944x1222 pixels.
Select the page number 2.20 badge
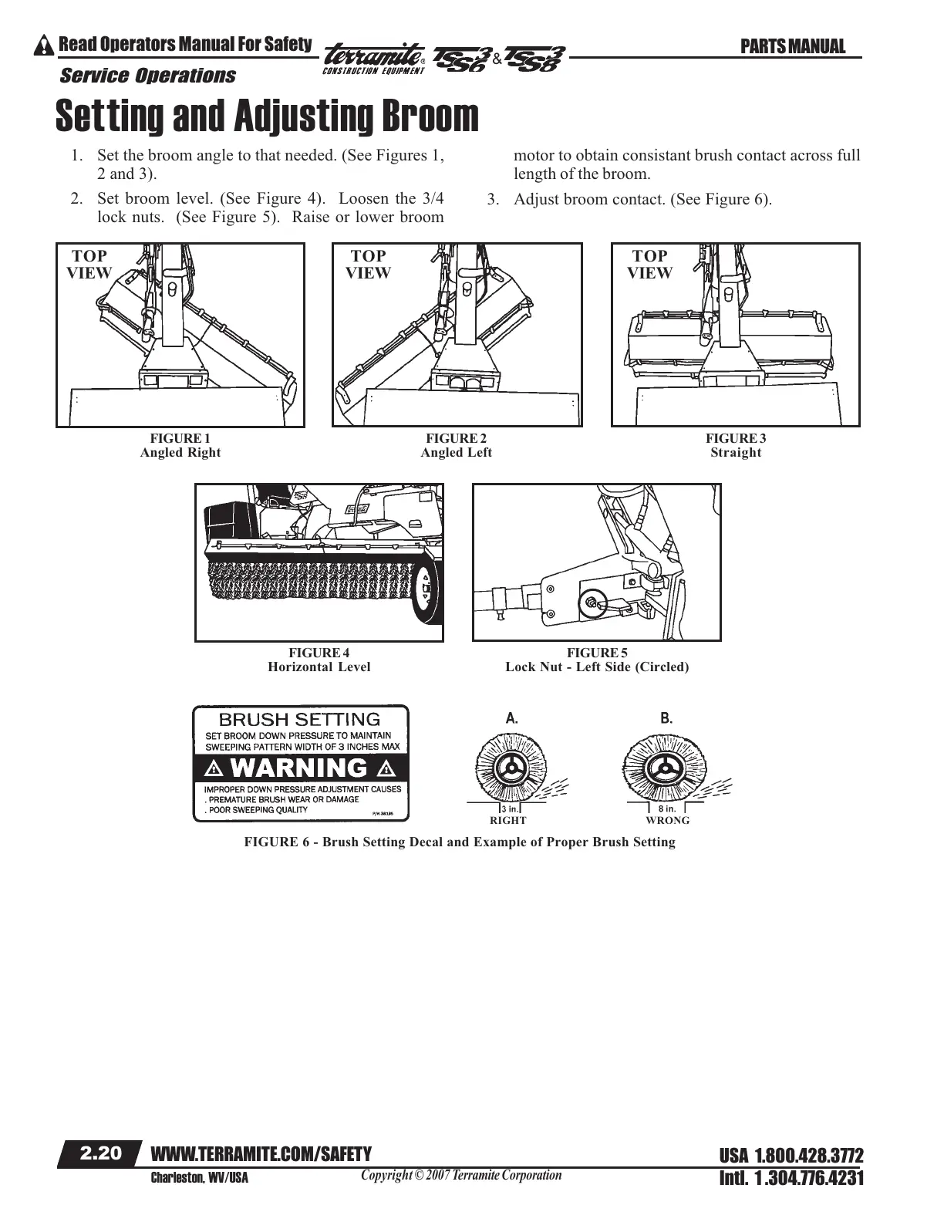pos(101,1153)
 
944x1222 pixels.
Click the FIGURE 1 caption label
pos(180,438)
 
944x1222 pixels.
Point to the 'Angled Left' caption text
pos(456,453)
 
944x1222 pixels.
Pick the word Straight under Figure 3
pos(736,453)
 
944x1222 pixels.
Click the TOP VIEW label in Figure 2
pos(368,264)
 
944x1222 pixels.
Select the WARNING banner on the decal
pos(301,768)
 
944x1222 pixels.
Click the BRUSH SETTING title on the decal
pos(300,720)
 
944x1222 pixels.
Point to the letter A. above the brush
pos(511,717)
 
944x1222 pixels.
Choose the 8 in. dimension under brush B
pos(667,808)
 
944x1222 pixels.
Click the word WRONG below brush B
pos(668,821)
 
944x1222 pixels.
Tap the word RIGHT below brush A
pos(508,821)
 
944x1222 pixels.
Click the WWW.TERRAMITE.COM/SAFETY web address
pos(262,1153)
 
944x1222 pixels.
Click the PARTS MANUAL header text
pos(792,47)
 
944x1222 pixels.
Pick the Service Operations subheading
pos(147,76)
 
